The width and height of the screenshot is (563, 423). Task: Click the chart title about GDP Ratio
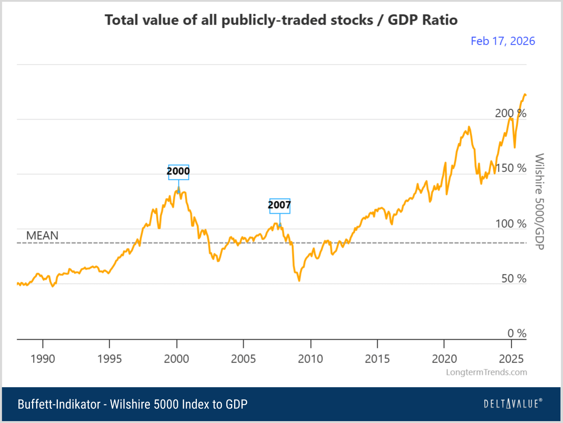[281, 20]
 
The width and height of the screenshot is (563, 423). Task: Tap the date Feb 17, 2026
[502, 41]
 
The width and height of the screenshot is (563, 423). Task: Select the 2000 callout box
[178, 172]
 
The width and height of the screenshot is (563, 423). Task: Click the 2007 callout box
[279, 205]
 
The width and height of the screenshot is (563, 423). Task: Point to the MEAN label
[42, 236]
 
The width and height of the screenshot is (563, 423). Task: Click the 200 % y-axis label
[510, 113]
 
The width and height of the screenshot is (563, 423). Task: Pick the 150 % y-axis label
[510, 168]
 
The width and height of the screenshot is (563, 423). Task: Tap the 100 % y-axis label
[510, 224]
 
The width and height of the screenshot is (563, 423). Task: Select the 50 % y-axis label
[513, 279]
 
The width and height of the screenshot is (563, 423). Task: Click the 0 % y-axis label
[516, 333]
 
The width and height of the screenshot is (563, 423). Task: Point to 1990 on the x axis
[43, 359]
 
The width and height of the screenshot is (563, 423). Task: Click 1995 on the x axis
[110, 359]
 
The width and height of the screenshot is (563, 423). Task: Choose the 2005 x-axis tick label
[243, 359]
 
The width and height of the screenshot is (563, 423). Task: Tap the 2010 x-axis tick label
[310, 359]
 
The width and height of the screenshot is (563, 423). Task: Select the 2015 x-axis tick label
[377, 359]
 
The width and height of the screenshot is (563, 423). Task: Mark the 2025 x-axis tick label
[511, 359]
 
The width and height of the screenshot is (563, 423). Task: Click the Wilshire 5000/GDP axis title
[539, 201]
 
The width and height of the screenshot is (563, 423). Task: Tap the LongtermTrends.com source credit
[486, 372]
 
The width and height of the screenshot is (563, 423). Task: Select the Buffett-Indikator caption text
[132, 404]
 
